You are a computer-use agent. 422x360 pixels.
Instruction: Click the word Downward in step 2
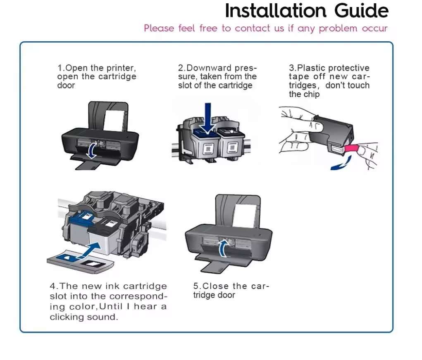pos(210,68)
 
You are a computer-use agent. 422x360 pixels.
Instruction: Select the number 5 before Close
pos(196,286)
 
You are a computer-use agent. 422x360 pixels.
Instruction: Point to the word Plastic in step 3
pos(312,68)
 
